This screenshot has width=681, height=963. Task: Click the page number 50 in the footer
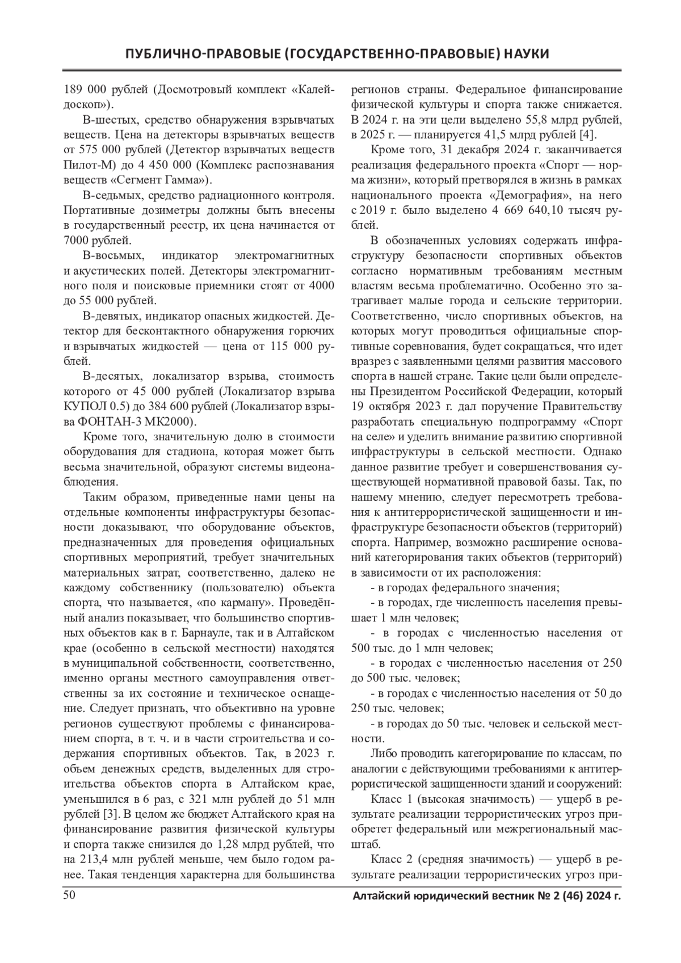[69, 895]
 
